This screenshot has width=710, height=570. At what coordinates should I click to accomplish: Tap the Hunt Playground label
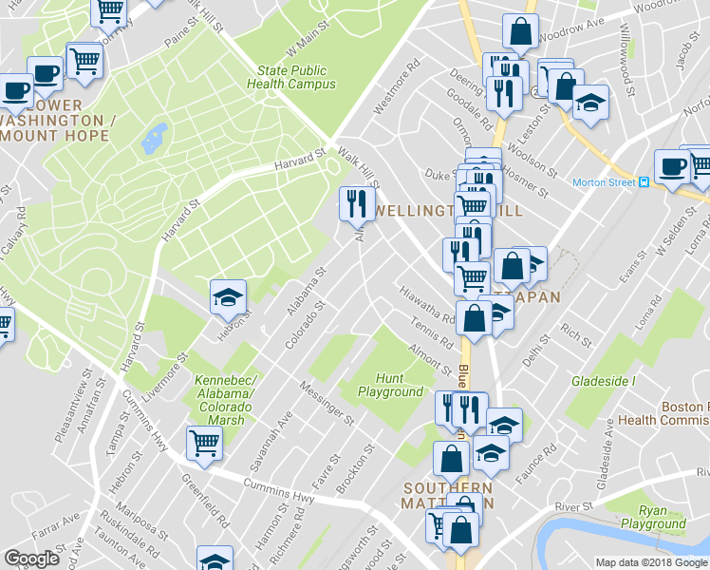click(390, 385)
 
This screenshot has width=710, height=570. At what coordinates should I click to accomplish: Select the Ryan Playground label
click(654, 517)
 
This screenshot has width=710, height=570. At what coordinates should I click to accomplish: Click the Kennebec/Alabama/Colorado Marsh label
click(224, 400)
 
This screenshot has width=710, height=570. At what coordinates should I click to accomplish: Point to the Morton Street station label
click(603, 182)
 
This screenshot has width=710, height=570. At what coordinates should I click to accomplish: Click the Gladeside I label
click(603, 380)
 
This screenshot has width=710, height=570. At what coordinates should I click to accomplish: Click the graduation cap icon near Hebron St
click(228, 297)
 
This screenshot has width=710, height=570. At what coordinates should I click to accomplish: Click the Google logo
click(31, 559)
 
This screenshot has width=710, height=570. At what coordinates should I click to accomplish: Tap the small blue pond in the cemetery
click(154, 140)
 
